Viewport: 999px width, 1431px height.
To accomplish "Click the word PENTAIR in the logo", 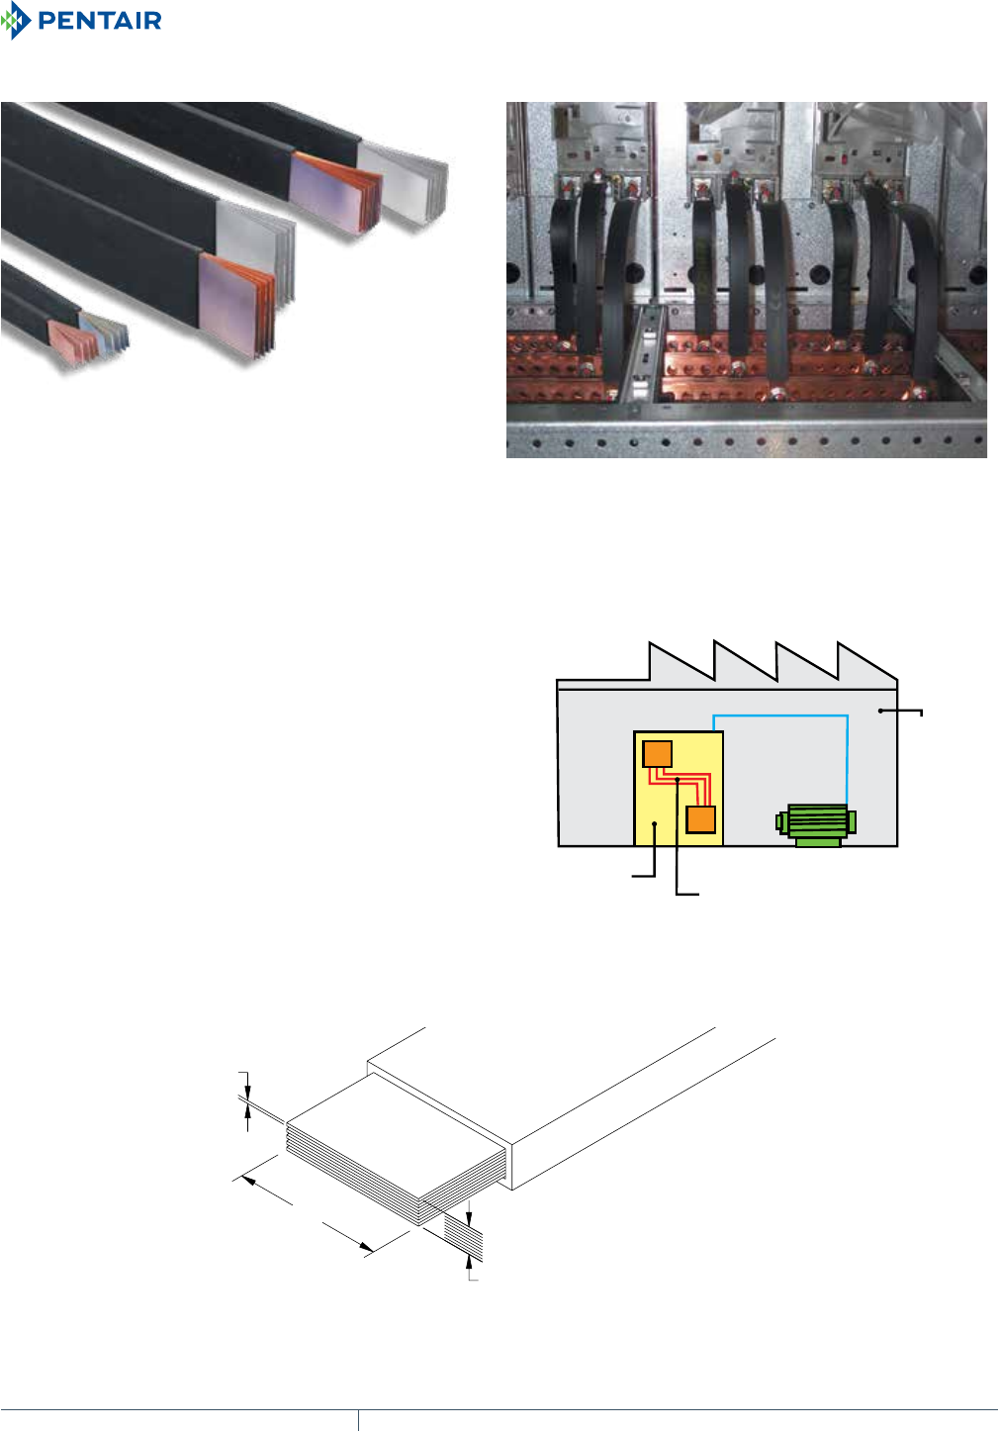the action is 99,21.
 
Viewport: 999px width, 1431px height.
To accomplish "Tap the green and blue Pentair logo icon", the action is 17,21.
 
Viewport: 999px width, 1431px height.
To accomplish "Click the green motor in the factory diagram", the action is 816,823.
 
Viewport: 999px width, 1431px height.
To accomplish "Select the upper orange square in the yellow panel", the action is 657,754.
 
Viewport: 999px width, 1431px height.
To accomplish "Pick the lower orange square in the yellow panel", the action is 700,819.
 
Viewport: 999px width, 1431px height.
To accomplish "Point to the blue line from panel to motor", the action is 781,715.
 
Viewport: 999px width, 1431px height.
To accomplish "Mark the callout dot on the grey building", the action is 880,711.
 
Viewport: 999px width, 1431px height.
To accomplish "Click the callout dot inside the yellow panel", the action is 655,824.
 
